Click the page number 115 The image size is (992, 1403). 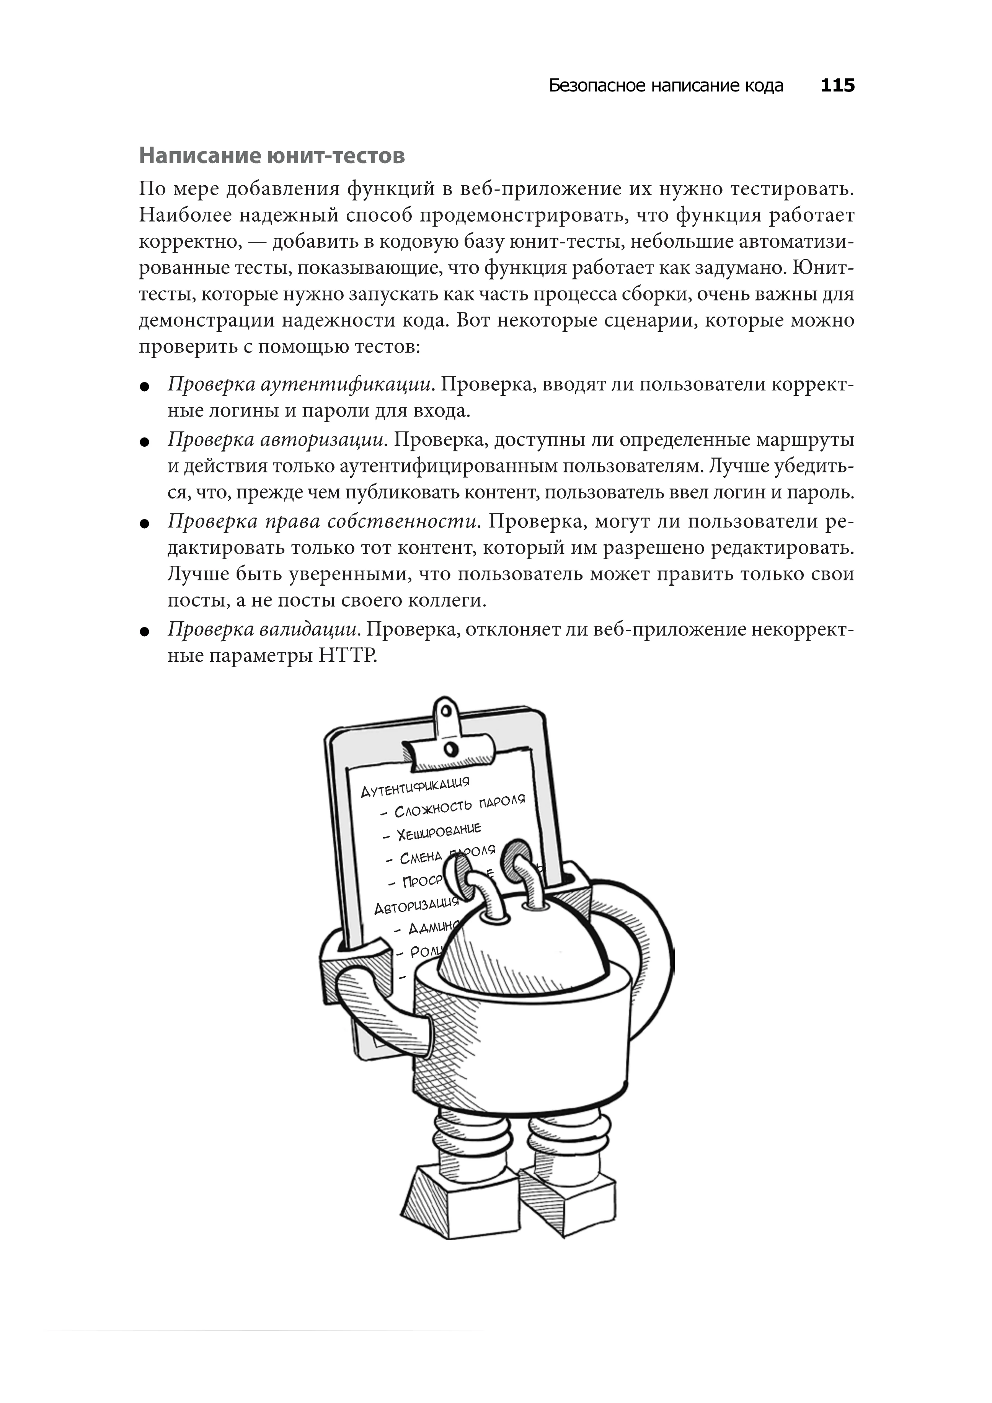click(x=837, y=85)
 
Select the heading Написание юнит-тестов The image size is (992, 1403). click(x=272, y=156)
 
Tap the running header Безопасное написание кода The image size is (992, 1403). click(x=666, y=85)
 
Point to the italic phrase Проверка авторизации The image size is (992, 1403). click(x=278, y=439)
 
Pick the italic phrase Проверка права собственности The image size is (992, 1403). click(x=322, y=521)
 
